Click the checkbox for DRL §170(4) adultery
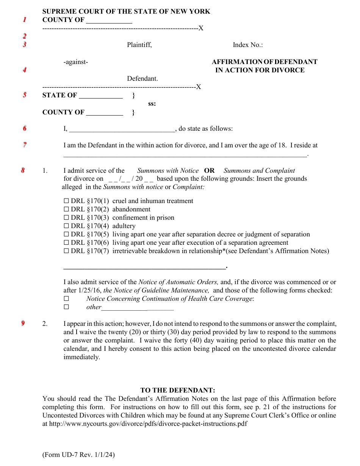click(x=66, y=226)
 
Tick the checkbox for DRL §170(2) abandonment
click(x=66, y=210)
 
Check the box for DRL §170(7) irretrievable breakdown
click(x=66, y=251)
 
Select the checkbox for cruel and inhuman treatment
click(x=66, y=201)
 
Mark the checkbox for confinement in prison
click(x=66, y=218)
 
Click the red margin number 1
click(x=25, y=20)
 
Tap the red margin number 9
click(x=23, y=324)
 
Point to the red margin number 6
click(x=25, y=128)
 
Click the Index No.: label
click(x=247, y=45)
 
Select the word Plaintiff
click(x=139, y=45)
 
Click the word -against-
click(x=76, y=62)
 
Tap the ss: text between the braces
click(x=152, y=104)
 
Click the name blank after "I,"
click(x=122, y=129)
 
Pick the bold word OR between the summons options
click(x=209, y=170)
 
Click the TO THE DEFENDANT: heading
click(x=178, y=390)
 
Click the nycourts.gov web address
click(x=148, y=424)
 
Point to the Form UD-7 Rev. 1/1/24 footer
click(x=78, y=455)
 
